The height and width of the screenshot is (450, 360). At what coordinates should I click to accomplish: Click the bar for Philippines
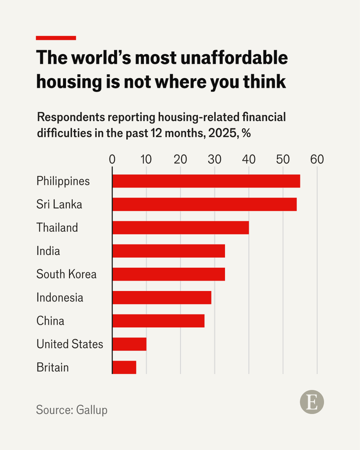click(206, 181)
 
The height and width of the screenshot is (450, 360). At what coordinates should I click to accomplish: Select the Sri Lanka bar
click(204, 204)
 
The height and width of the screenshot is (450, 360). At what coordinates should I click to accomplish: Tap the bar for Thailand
click(180, 228)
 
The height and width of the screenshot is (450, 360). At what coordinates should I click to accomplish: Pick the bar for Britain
click(124, 367)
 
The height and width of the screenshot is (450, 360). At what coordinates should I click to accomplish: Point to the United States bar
click(129, 344)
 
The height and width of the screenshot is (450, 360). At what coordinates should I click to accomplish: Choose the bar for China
click(158, 321)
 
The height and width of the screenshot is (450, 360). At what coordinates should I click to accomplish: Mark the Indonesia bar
click(162, 297)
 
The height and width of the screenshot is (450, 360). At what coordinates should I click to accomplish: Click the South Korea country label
click(66, 274)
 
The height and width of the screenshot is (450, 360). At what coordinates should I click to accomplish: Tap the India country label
click(48, 251)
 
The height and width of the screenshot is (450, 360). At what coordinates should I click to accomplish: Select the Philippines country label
click(63, 181)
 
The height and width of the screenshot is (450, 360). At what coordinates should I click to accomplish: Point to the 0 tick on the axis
click(112, 159)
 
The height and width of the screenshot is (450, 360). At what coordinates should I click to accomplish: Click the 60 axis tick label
click(317, 159)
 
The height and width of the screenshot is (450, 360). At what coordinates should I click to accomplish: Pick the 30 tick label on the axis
click(214, 159)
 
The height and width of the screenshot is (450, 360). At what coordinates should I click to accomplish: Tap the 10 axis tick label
click(146, 159)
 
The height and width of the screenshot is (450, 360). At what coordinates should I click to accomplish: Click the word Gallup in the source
click(91, 409)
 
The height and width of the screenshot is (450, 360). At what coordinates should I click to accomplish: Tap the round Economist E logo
click(312, 403)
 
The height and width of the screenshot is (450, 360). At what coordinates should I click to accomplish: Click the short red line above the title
click(56, 38)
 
